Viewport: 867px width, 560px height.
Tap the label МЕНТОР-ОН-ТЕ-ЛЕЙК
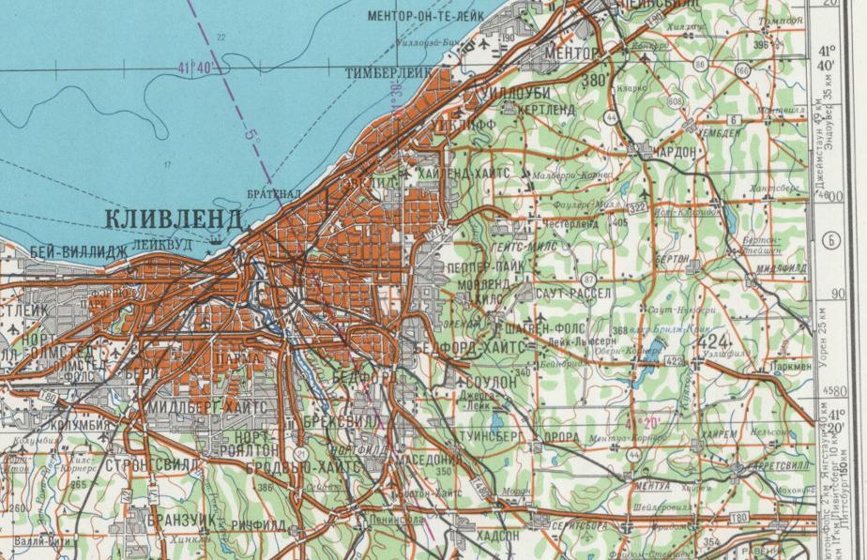pos(425,16)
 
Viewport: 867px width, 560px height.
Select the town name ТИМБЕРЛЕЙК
pos(388,72)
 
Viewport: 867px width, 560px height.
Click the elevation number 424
pos(714,341)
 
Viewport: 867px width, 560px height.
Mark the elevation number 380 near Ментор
pos(594,81)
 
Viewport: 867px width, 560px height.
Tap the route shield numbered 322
pos(640,205)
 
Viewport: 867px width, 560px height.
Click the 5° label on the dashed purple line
pos(252,135)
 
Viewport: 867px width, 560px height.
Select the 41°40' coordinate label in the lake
pos(195,67)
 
